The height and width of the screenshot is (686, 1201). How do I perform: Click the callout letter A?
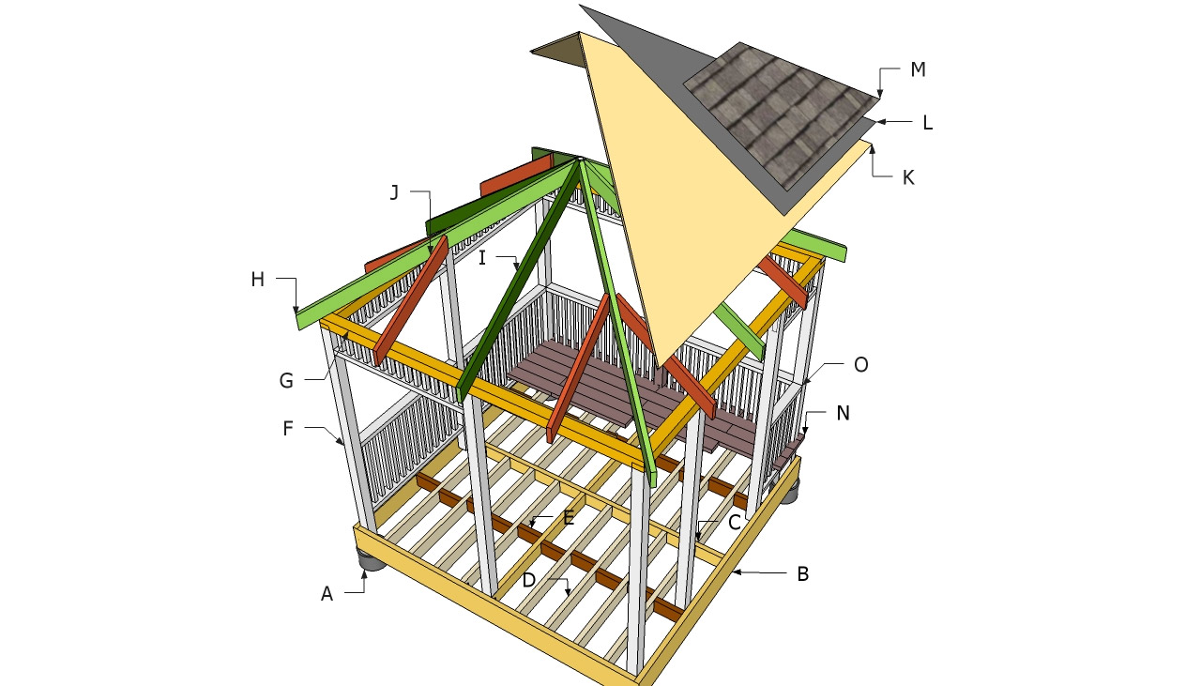[327, 594]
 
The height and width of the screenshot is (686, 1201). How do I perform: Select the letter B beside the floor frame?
[802, 574]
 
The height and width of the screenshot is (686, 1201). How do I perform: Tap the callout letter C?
[734, 522]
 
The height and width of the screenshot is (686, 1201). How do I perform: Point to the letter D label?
[528, 580]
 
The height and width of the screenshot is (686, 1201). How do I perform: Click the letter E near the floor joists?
[569, 518]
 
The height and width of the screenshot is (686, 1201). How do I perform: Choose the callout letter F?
[288, 429]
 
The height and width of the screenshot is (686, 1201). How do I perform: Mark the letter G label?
[286, 381]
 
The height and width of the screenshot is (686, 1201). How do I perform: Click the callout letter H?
[257, 280]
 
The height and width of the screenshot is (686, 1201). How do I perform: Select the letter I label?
[482, 258]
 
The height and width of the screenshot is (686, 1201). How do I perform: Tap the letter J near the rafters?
[394, 192]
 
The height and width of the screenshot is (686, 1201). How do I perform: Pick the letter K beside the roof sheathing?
[907, 178]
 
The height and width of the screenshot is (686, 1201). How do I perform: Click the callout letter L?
[928, 123]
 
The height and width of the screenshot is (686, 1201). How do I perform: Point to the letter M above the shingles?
[918, 69]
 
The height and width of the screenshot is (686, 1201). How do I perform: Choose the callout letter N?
[843, 413]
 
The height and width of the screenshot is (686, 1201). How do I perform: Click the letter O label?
[860, 365]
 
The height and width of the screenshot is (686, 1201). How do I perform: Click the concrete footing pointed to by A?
[370, 561]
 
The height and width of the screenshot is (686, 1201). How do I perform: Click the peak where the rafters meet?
[579, 159]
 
